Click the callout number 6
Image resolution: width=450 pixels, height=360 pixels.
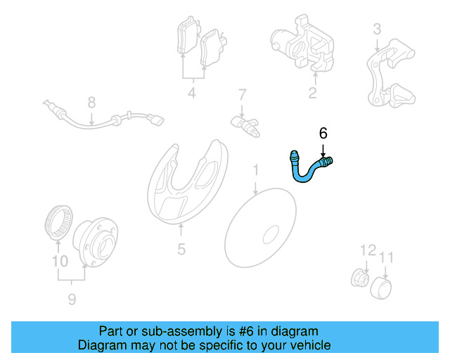323,132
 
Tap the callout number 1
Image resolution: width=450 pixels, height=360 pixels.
256,170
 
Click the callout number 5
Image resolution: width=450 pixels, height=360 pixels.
181,249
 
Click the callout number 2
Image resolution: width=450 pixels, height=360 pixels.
312,92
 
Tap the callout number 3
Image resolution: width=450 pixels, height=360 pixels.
377,29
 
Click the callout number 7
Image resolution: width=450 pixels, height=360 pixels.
242,94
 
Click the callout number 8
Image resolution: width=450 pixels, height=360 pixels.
91,103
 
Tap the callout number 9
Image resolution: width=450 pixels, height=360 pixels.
71,300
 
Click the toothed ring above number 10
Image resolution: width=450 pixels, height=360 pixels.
56,220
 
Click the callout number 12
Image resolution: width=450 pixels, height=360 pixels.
368,250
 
